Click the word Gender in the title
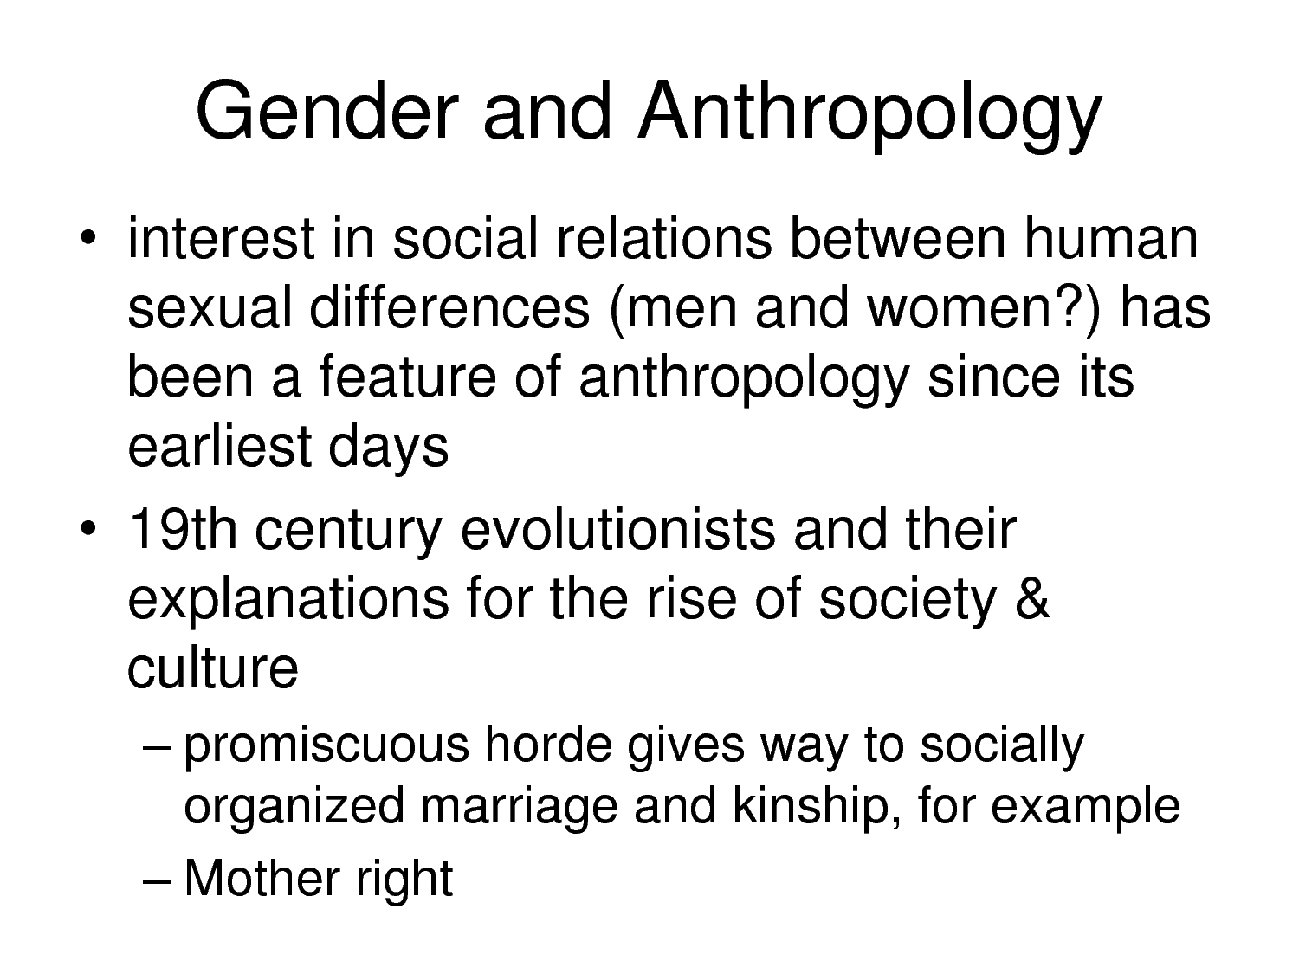(326, 111)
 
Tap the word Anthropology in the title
(870, 115)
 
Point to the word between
(897, 238)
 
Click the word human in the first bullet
(1111, 238)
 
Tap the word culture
(213, 668)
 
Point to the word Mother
(262, 878)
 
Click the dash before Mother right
(158, 881)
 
